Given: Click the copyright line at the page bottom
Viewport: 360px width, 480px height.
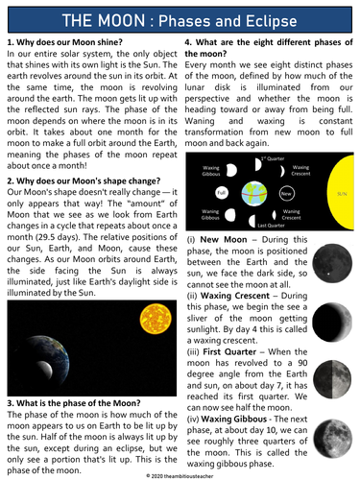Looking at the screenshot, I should click(x=180, y=473).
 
